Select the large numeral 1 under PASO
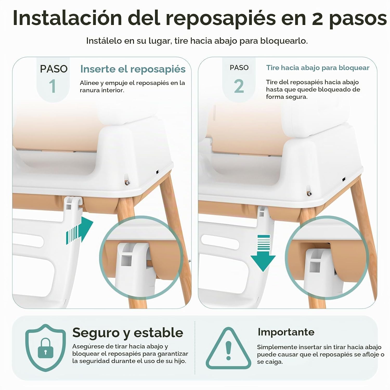53,86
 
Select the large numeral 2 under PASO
239,86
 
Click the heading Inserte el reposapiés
133,69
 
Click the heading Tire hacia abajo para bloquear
318,68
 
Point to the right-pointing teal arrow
80,230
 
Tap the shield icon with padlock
45,348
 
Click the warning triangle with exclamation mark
229,348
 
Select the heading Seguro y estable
128,333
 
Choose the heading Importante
286,332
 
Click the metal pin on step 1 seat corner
127,182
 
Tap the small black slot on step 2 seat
343,180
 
